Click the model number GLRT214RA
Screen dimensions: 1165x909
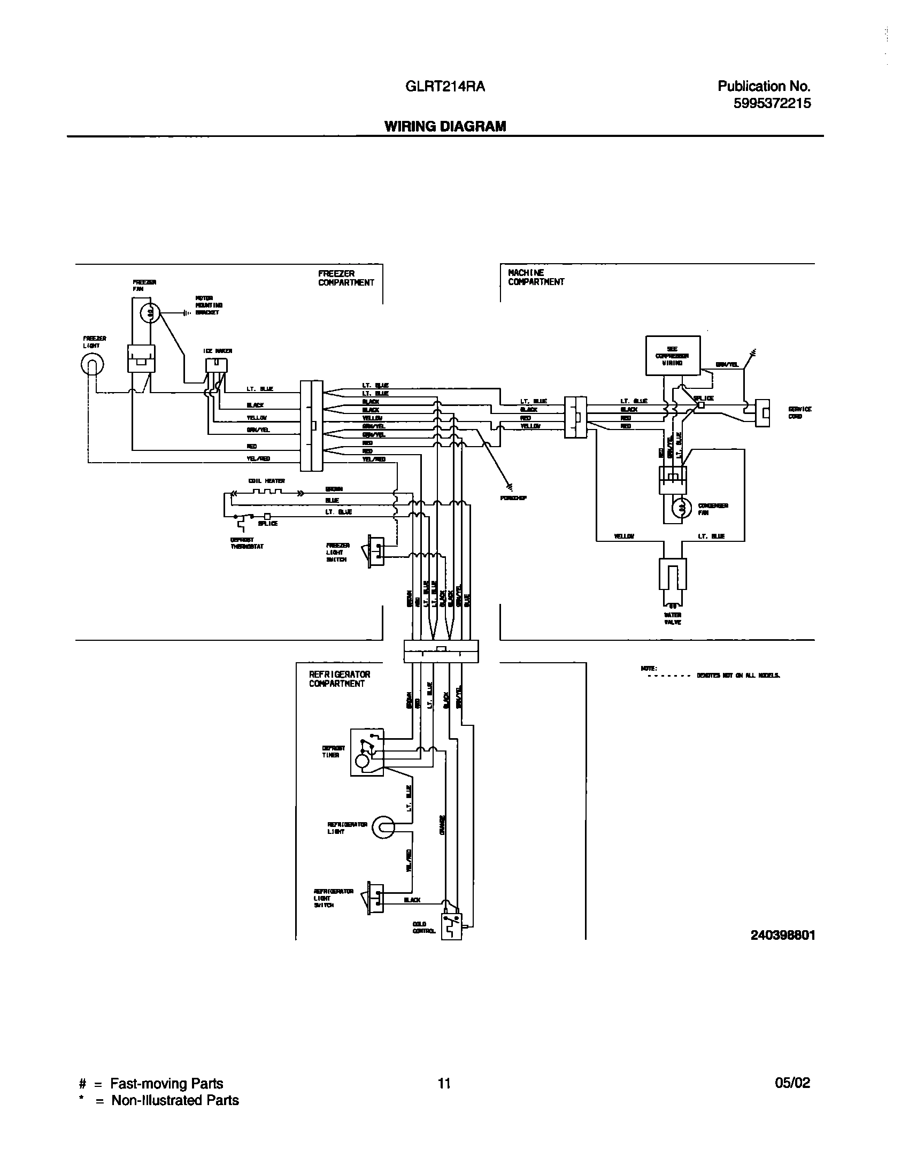pyautogui.click(x=445, y=87)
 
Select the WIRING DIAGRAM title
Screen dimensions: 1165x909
pyautogui.click(x=445, y=126)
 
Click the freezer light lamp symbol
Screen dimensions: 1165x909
pyautogui.click(x=92, y=365)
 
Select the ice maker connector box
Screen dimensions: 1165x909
pyautogui.click(x=216, y=365)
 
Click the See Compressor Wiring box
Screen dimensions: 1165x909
pyautogui.click(x=673, y=355)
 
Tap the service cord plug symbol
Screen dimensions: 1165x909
pyautogui.click(x=762, y=413)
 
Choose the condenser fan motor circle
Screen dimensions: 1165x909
pyautogui.click(x=682, y=508)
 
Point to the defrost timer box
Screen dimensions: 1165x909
pyautogui.click(x=367, y=752)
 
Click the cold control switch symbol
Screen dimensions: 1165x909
pyautogui.click(x=451, y=926)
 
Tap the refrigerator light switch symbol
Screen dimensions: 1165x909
pyautogui.click(x=375, y=898)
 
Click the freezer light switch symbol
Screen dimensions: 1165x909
pyautogui.click(x=375, y=551)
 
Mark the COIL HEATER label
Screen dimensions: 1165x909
pyautogui.click(x=266, y=481)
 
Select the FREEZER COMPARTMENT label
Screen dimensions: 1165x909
pyautogui.click(x=346, y=278)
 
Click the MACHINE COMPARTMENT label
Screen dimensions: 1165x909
pyautogui.click(x=536, y=277)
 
